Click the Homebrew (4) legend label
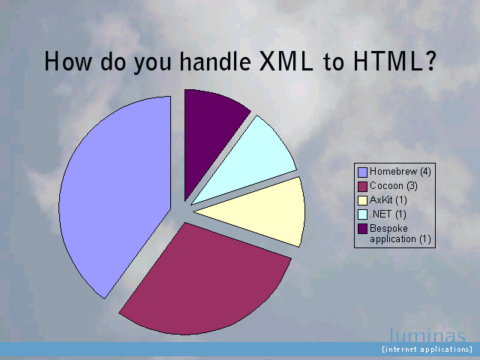[400, 172]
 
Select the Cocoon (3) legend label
[393, 186]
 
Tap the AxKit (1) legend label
[388, 200]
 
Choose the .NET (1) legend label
[388, 214]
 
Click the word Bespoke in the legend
[388, 228]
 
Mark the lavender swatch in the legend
[362, 172]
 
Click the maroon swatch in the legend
[362, 187]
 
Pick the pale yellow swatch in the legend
[362, 200]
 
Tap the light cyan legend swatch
[362, 214]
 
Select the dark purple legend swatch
[362, 229]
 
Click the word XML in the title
[286, 61]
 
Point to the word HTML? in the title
[394, 61]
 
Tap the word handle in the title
[215, 61]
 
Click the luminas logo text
[427, 335]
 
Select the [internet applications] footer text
[427, 349]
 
